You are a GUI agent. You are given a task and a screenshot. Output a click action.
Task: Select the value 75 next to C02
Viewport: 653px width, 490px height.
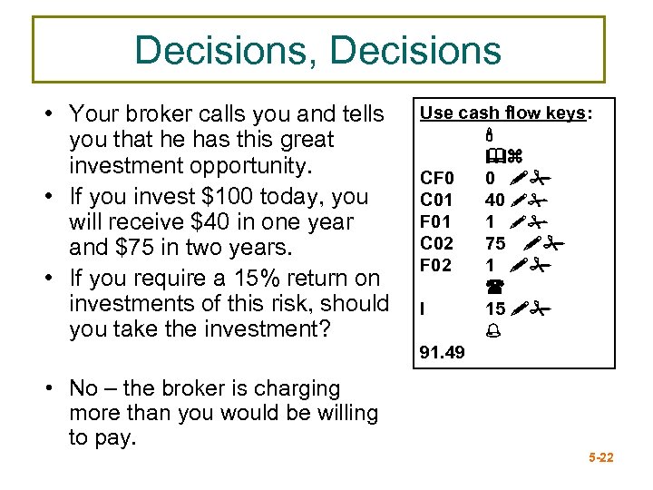[495, 243]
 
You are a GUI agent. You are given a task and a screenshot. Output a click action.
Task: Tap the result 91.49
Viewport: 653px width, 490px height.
[442, 352]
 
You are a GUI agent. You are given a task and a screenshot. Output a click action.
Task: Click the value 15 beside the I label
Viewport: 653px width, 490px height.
[495, 309]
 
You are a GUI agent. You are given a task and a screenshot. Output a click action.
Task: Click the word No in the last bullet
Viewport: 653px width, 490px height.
[83, 388]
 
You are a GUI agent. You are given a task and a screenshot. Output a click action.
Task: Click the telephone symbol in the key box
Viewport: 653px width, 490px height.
[495, 287]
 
